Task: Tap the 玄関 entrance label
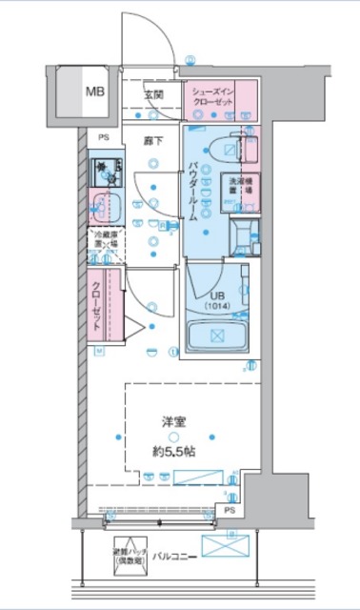153,95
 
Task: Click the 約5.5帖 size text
173,452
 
